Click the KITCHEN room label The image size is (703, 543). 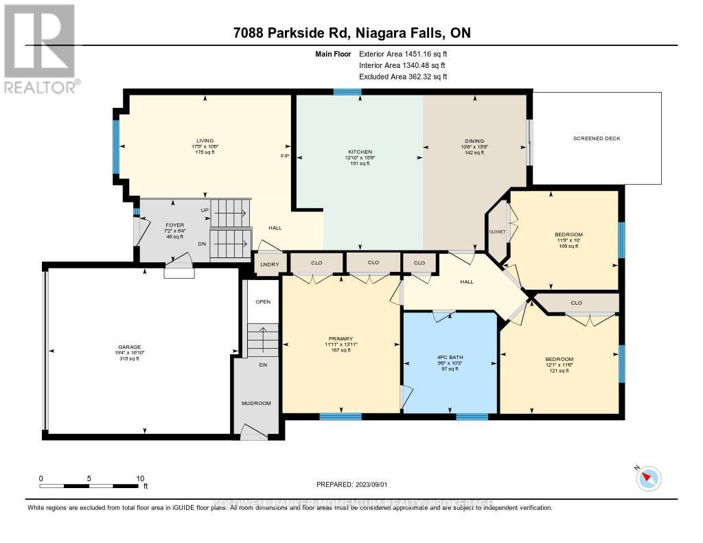click(x=360, y=152)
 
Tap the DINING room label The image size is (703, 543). click(x=474, y=141)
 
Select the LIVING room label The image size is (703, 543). click(x=205, y=141)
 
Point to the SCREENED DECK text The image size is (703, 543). click(x=597, y=139)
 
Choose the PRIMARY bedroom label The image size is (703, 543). click(x=341, y=338)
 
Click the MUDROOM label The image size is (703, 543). click(x=256, y=403)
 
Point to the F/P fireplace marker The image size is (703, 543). click(x=284, y=156)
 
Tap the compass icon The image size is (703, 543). click(x=649, y=478)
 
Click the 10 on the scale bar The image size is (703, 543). click(x=139, y=478)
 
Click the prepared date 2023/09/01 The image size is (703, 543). click(x=351, y=485)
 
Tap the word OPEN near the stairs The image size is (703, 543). click(x=263, y=302)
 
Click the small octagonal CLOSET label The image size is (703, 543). click(x=497, y=232)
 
